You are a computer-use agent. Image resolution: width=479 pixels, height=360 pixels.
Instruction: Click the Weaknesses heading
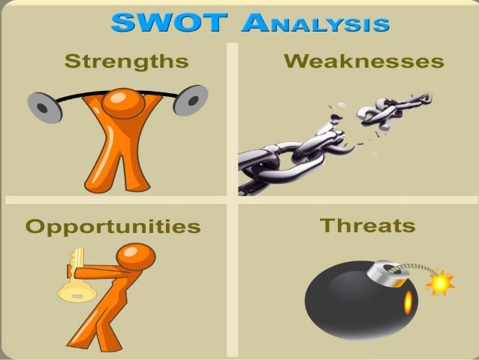363,62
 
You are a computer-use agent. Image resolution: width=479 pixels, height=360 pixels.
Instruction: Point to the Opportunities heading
113,225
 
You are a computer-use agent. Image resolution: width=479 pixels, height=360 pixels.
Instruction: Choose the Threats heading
367,225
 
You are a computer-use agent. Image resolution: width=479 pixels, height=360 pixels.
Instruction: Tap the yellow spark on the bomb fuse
440,283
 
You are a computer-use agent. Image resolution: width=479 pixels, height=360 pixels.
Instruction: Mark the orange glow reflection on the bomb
408,303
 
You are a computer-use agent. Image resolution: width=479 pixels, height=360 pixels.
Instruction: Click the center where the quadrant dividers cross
239,201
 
